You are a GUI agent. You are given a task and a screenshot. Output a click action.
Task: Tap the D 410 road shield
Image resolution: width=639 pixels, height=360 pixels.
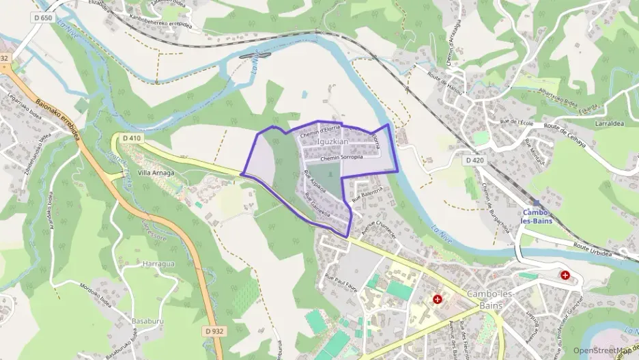132,138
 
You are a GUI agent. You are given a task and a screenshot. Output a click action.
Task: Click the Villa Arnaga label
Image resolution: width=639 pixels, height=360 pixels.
156,173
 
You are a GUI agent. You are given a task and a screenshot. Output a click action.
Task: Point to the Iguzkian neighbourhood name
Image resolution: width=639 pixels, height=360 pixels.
333,141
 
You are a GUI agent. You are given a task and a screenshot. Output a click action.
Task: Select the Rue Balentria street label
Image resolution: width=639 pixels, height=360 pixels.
365,192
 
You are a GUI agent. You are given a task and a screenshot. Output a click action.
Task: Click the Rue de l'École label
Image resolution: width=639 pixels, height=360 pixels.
516,124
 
